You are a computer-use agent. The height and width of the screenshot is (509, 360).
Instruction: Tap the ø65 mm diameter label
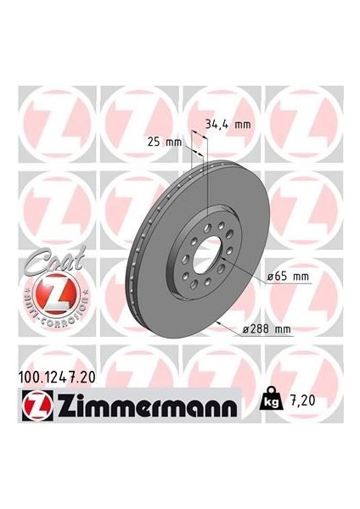click(x=289, y=277)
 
